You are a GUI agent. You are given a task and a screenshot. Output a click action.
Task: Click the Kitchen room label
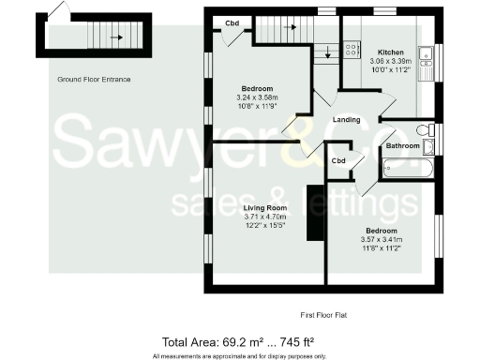391,52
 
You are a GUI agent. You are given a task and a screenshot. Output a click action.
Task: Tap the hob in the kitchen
352,50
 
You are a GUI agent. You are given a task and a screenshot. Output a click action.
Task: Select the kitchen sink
425,62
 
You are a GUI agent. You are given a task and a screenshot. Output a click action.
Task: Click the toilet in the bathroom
424,130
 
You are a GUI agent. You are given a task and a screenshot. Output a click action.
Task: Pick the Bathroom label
402,145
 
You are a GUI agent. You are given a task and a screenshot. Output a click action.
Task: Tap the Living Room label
263,207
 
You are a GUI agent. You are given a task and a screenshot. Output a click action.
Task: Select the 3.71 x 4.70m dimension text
263,217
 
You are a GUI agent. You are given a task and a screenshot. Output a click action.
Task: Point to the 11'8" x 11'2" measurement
381,247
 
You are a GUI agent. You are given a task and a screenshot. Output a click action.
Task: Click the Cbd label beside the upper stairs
230,22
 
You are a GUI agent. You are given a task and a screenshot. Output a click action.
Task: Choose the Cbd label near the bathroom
338,161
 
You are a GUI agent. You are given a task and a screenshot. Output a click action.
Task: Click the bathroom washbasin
429,146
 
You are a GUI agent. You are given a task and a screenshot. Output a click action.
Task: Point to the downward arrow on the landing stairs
326,54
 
